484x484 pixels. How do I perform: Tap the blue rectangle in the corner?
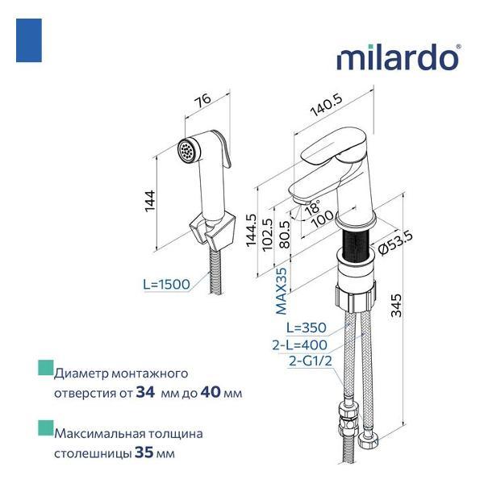pyautogui.click(x=29, y=41)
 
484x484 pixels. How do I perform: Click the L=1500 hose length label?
pyautogui.click(x=166, y=285)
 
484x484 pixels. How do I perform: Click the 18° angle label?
pyautogui.click(x=311, y=206)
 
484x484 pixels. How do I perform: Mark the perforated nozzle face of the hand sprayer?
pyautogui.click(x=190, y=151)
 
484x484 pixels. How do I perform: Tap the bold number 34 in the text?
pyautogui.click(x=146, y=393)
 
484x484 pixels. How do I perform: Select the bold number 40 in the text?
pyautogui.click(x=211, y=393)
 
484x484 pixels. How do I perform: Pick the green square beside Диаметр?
pyautogui.click(x=45, y=370)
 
